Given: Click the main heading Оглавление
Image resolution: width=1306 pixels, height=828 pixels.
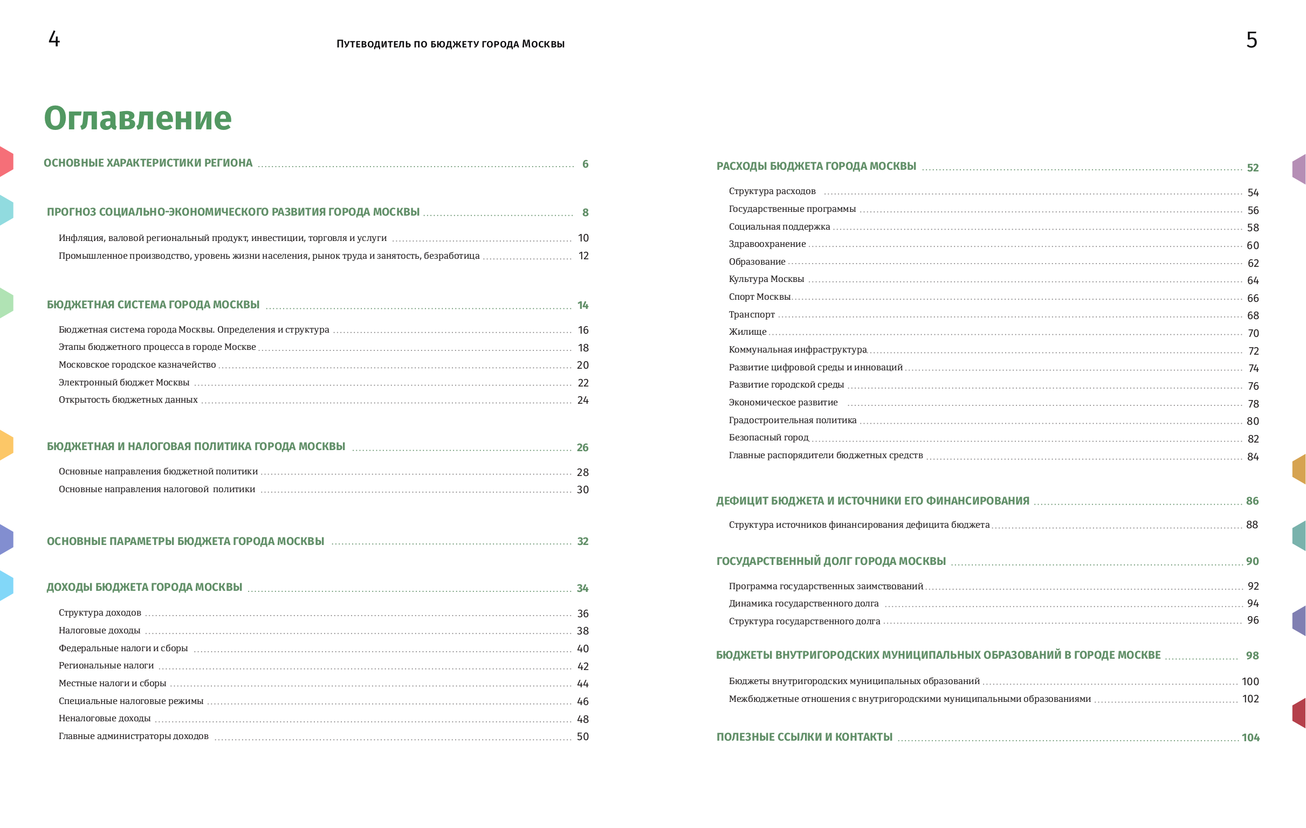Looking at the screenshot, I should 137,118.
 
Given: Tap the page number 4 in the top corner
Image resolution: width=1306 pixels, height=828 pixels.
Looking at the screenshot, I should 54,39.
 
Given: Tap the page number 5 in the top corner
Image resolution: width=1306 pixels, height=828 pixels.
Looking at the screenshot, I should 1251,40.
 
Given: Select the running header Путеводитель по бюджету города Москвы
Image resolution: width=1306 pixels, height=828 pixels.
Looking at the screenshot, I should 450,44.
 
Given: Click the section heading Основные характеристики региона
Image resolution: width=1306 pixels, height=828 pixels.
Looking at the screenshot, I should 148,163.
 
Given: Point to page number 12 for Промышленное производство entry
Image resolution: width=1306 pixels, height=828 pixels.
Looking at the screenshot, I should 583,256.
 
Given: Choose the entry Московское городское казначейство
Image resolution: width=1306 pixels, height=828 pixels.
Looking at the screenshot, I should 137,365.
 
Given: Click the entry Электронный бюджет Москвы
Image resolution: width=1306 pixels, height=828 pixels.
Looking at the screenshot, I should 123,382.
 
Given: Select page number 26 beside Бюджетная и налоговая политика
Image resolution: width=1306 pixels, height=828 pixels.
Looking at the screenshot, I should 582,447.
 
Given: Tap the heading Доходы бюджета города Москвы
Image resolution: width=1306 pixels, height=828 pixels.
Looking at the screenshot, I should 145,587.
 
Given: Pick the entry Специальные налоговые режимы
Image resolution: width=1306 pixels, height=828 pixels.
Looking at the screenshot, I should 130,701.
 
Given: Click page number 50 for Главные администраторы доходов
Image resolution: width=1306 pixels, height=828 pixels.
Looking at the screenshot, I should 582,736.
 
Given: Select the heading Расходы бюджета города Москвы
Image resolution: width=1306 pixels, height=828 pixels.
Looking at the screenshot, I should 816,167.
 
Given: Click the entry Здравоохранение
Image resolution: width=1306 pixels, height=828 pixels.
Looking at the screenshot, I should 767,244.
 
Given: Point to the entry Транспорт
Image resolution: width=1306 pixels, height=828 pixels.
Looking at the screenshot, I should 752,314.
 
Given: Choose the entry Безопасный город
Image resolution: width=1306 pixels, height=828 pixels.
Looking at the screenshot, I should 768,438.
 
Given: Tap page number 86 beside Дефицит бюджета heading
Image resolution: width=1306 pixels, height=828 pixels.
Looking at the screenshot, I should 1252,501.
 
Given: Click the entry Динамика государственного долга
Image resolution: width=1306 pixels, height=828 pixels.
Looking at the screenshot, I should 803,604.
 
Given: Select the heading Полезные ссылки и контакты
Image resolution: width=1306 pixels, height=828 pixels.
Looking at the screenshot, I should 804,737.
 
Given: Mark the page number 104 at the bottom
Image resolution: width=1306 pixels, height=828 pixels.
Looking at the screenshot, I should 1250,737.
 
